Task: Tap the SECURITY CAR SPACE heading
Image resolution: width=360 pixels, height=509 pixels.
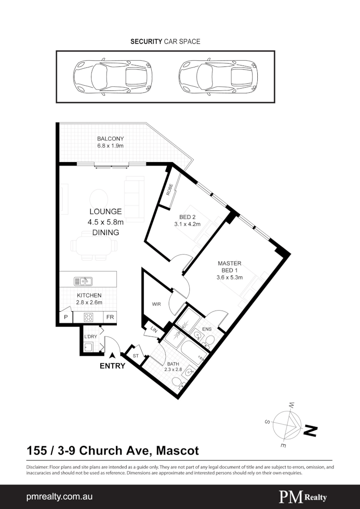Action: point(165,41)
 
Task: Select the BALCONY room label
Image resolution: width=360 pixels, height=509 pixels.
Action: point(110,139)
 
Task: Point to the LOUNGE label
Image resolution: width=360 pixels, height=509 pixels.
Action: point(106,212)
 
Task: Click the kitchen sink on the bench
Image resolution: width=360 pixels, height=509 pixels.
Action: point(83,281)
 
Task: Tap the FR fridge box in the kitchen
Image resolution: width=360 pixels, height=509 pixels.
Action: point(110,317)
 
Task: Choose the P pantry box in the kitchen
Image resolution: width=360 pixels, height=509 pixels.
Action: point(65,317)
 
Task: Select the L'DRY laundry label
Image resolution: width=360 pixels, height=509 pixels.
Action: point(90,336)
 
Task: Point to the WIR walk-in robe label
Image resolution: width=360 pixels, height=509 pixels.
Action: point(156,304)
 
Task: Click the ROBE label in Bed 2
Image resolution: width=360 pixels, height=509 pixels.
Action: point(169,190)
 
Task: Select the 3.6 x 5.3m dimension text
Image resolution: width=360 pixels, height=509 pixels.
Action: point(229,278)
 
